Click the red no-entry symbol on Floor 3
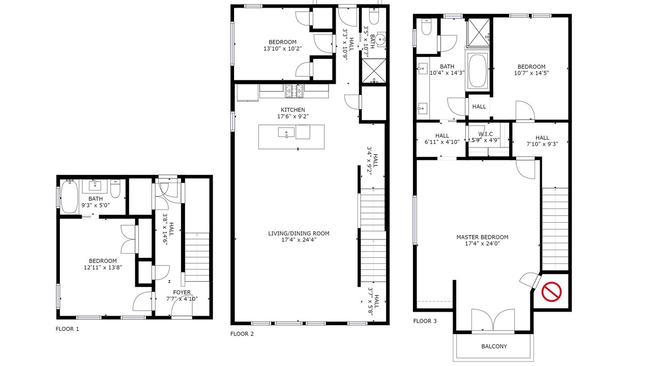tap(551, 291)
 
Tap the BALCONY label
tap(494, 346)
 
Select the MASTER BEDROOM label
tap(483, 237)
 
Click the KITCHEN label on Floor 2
tap(293, 110)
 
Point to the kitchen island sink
tap(286, 133)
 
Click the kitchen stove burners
tap(294, 90)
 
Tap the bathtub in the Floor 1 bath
tap(69, 196)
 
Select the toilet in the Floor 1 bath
tap(115, 189)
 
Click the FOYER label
tap(182, 292)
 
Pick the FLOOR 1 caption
tap(67, 329)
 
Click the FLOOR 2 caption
tap(242, 334)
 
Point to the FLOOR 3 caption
tap(425, 321)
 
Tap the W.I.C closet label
tap(486, 134)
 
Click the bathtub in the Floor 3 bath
tap(477, 71)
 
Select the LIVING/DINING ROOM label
tap(299, 233)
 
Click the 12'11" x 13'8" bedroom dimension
tap(103, 267)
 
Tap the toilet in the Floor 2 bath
tap(374, 16)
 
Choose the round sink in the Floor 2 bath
tap(380, 39)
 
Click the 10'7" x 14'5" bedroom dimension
tap(531, 73)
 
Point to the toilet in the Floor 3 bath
tap(426, 27)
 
